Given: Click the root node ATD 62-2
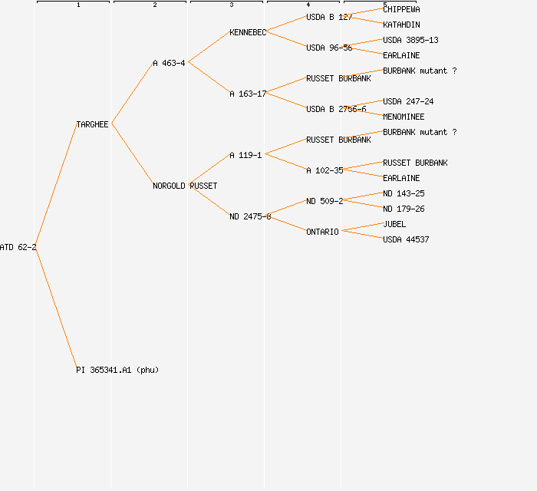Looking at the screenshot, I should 18,247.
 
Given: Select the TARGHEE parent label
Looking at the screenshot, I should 92,124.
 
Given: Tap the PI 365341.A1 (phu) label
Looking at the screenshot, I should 117,370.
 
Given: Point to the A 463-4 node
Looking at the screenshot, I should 169,63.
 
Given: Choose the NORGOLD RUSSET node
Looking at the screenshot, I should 185,186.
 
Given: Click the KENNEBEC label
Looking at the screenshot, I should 248,32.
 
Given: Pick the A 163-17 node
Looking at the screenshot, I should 248,94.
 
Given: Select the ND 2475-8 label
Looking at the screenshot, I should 250,216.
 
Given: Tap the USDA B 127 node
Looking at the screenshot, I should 329,17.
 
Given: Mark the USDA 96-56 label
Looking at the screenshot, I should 329,48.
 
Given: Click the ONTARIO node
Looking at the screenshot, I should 322,232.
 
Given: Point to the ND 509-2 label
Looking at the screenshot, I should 325,201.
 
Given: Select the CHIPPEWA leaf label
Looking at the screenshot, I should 401,9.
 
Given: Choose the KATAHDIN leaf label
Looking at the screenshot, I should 401,25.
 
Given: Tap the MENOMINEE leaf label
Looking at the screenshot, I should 404,117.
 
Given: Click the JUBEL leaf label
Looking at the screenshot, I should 394,224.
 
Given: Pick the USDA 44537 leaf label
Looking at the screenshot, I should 406,239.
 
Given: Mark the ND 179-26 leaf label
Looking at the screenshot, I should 404,209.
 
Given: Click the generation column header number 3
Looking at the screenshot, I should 231,5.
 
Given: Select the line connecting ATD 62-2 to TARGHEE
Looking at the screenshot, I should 55,186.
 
